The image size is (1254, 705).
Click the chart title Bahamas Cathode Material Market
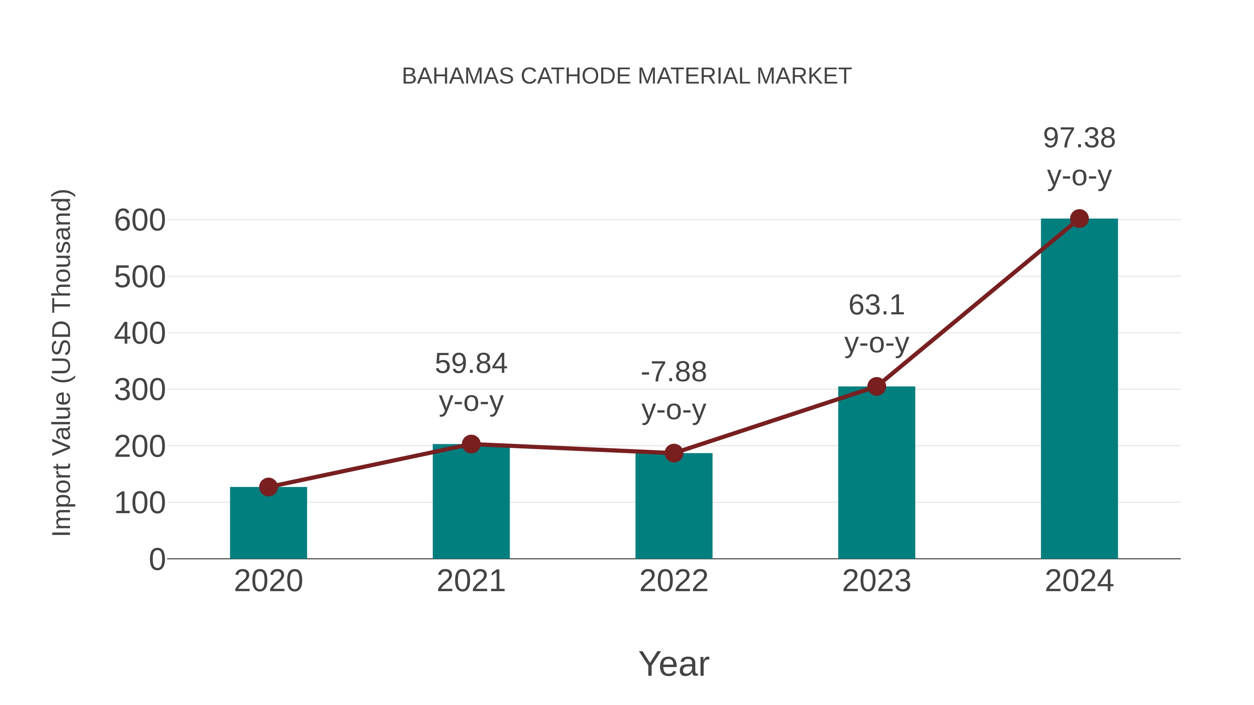(627, 76)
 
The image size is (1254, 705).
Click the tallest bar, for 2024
(1079, 389)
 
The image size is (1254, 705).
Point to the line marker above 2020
(268, 487)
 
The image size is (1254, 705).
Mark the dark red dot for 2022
(674, 453)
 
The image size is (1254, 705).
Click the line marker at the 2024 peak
(1079, 219)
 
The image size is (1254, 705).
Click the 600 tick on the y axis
(140, 220)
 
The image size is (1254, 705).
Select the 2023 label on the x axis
(876, 581)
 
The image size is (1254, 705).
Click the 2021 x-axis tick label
(471, 581)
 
